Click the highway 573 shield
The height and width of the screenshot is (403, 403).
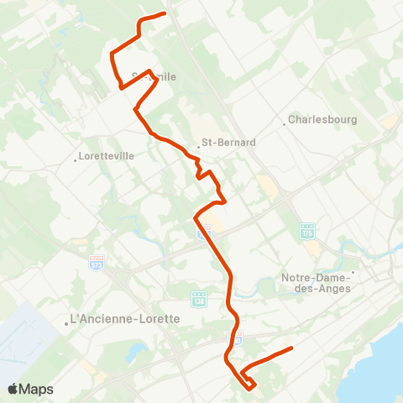(x=97, y=264)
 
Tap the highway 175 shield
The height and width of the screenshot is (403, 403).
(x=307, y=230)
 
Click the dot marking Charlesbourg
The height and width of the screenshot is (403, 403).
(x=285, y=124)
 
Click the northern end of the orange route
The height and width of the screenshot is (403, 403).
(x=165, y=13)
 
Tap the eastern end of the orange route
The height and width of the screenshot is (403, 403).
(x=290, y=348)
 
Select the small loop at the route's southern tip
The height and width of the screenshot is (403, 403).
(x=249, y=383)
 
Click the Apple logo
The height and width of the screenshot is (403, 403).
(x=13, y=390)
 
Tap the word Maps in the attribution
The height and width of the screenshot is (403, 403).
(x=37, y=390)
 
